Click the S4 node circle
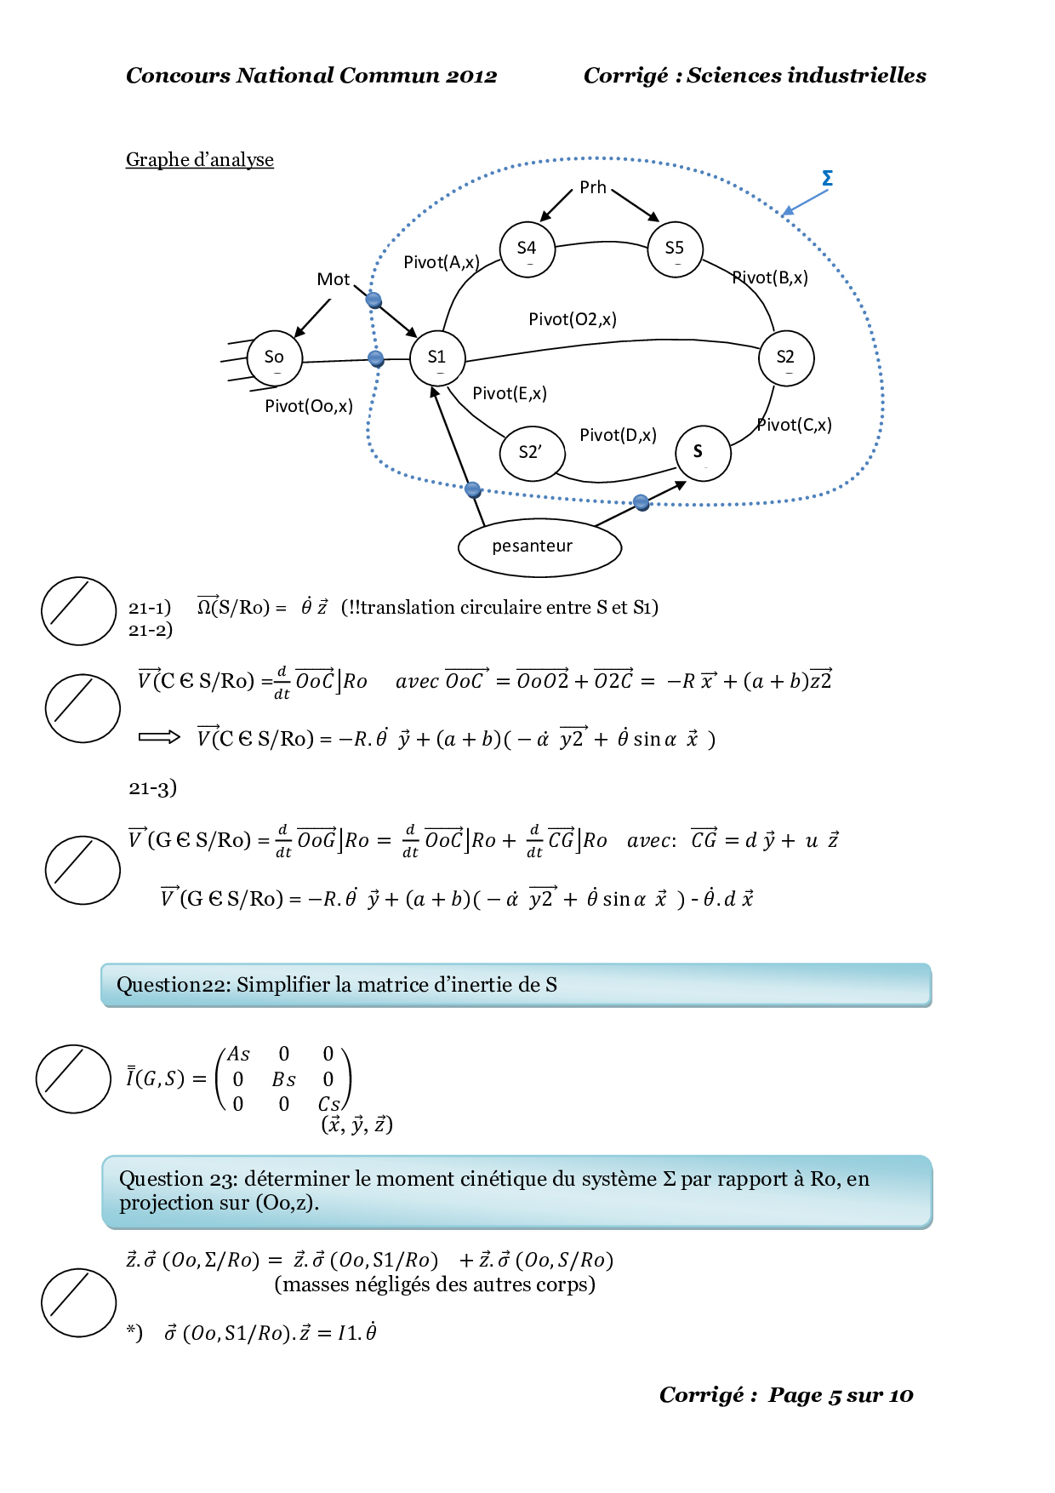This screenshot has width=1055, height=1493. [527, 249]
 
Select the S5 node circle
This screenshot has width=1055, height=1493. [675, 249]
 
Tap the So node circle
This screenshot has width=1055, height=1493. [274, 358]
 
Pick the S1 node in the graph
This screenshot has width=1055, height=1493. [437, 358]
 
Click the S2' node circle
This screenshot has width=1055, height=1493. [531, 453]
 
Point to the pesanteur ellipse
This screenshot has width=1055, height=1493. [539, 546]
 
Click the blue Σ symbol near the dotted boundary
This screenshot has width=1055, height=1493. [827, 179]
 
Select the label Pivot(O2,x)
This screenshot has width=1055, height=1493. [572, 319]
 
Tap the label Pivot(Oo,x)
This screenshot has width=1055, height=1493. [308, 406]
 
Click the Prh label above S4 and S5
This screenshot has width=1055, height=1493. [592, 187]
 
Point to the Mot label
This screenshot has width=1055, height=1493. [333, 279]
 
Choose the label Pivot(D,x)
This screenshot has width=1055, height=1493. [618, 435]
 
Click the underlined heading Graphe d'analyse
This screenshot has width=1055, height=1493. [200, 160]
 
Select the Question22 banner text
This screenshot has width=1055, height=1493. [336, 985]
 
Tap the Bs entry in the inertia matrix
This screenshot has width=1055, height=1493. [283, 1079]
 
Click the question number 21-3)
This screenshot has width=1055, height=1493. [152, 787]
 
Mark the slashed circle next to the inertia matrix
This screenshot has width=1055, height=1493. [73, 1078]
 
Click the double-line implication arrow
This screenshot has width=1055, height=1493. [159, 737]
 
